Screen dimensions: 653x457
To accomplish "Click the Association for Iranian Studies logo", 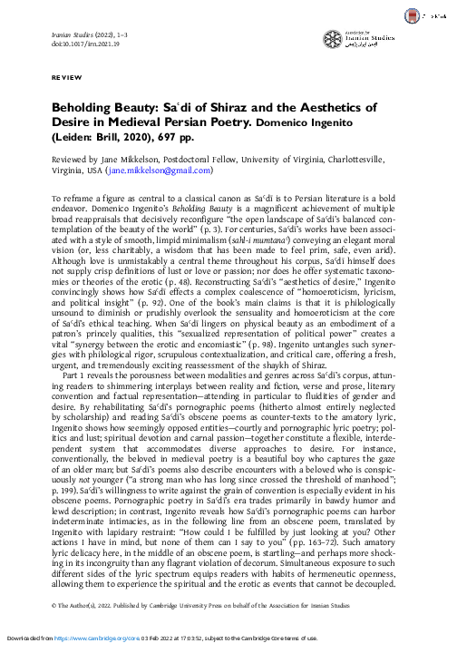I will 361,39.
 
